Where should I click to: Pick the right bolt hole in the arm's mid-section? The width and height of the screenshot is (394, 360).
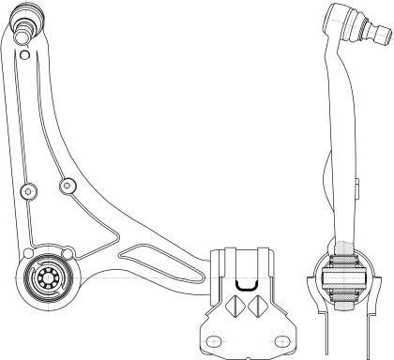[66, 186]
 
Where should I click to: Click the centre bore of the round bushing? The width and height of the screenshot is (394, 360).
[43, 278]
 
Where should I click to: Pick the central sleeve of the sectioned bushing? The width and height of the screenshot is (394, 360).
[344, 277]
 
